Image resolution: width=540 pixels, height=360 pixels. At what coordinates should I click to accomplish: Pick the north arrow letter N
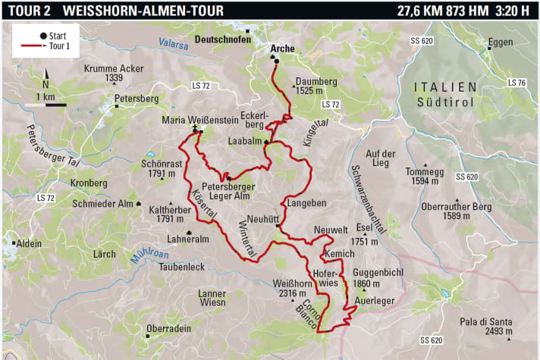coord(46,84)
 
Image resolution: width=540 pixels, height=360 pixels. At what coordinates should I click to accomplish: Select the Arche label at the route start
coord(282,49)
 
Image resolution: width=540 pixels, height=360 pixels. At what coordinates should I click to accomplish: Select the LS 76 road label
coord(517,82)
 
